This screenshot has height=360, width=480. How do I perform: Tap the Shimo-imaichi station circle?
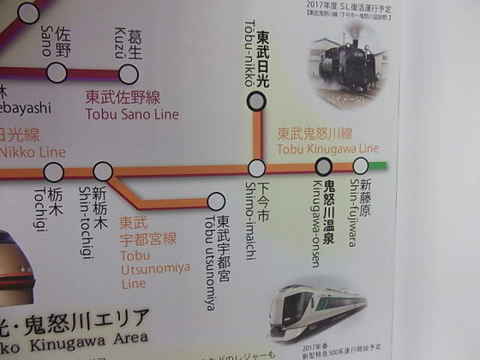(x=256, y=168)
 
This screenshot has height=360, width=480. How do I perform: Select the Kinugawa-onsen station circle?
(x=311, y=167)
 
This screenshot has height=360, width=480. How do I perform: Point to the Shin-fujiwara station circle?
(x=360, y=165)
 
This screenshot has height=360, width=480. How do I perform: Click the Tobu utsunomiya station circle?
(x=216, y=201)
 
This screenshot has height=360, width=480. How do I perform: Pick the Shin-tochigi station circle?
(x=103, y=171)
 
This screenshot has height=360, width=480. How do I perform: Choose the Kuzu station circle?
(x=129, y=73)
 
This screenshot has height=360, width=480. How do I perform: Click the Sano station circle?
(x=57, y=73)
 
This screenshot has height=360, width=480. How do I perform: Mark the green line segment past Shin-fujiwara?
(x=378, y=165)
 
